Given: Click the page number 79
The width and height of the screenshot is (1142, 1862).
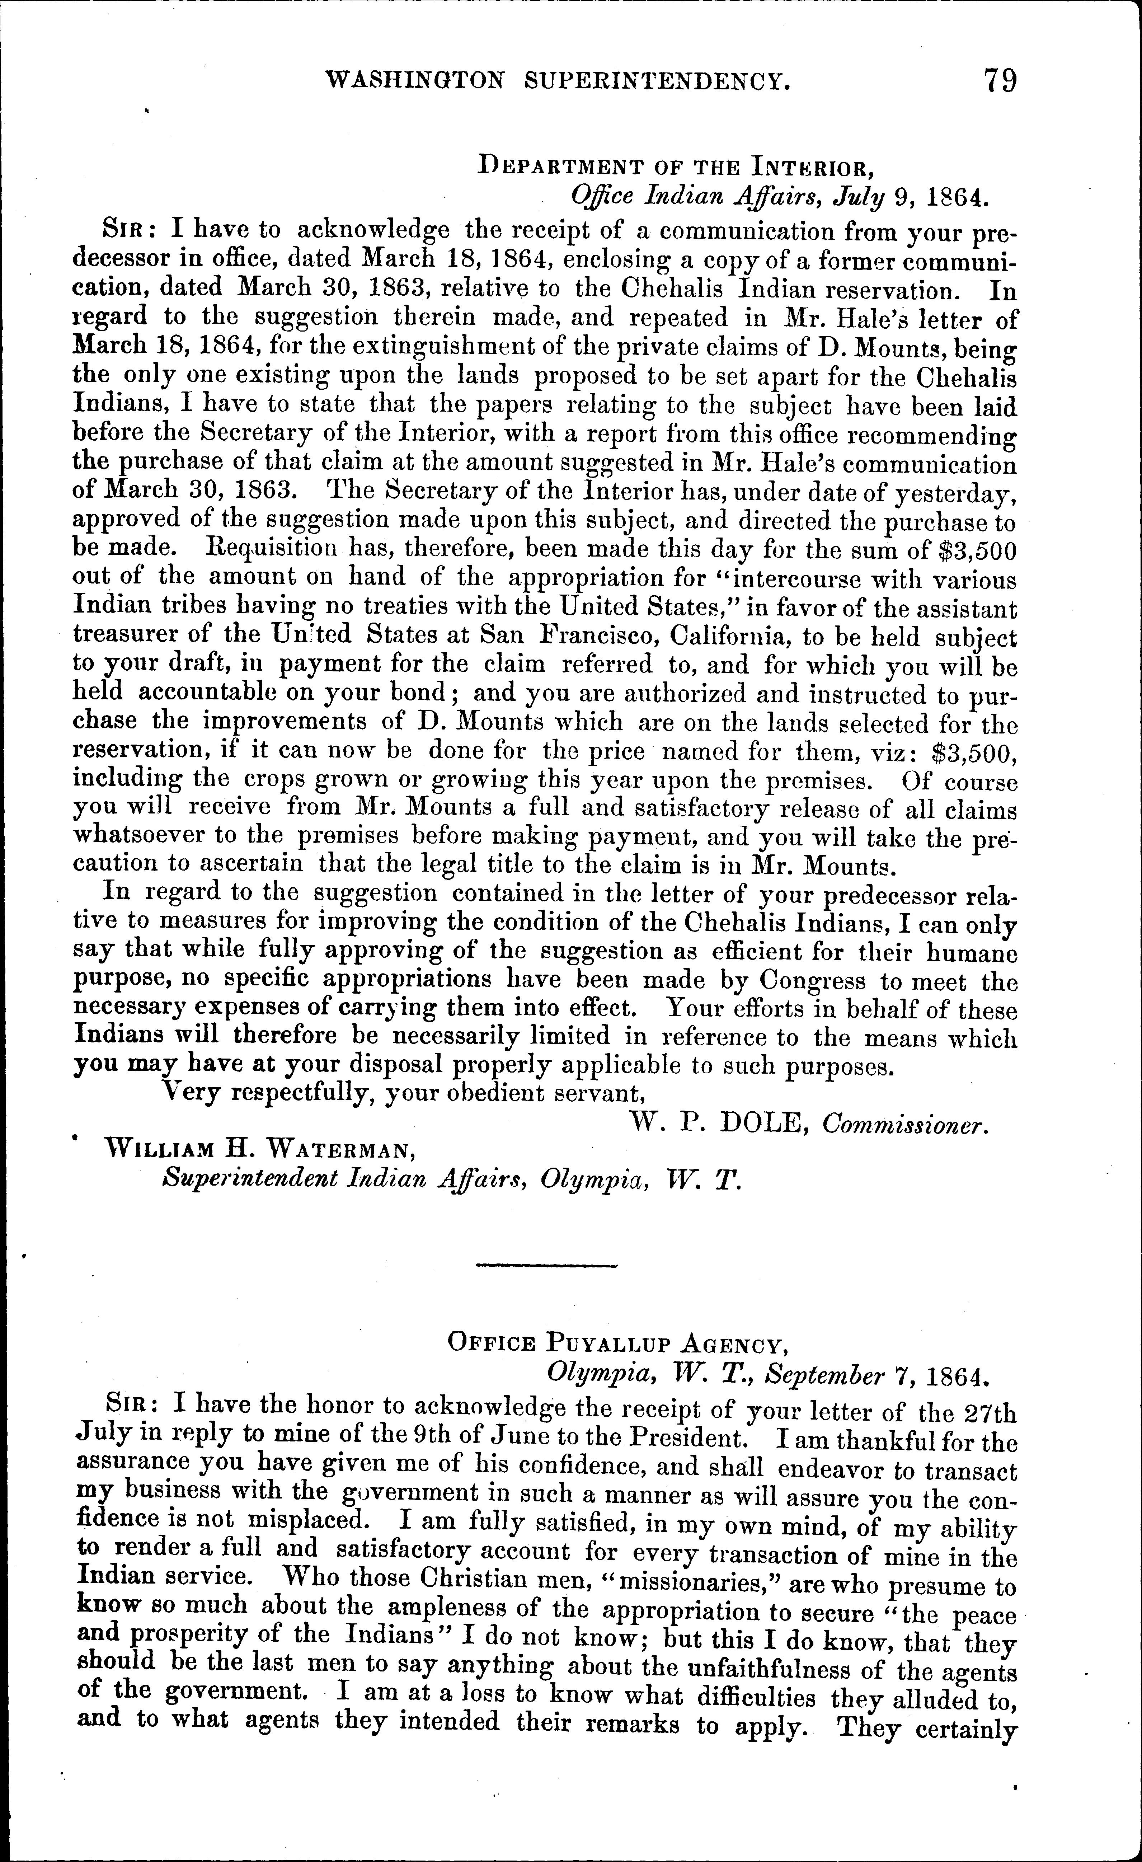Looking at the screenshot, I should point(999,80).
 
